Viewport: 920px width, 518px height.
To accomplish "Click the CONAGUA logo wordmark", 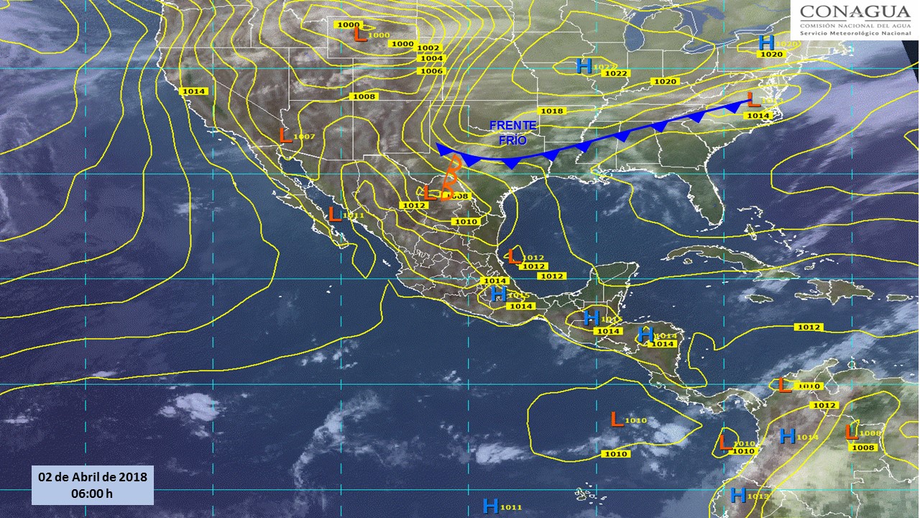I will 855,12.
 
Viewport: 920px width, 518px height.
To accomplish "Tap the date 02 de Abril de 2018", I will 92,477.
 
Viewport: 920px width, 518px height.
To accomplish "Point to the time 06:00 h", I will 92,494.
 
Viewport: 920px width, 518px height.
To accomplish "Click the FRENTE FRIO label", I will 513,133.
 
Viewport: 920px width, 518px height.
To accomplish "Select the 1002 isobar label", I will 428,48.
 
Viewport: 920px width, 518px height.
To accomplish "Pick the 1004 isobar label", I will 432,59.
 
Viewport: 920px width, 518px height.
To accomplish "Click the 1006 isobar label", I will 432,71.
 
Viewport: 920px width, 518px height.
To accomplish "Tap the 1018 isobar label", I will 551,111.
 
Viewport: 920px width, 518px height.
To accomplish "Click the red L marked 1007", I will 285,135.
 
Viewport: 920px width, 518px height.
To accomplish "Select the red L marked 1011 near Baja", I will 334,214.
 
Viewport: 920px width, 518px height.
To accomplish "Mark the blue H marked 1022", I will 584,67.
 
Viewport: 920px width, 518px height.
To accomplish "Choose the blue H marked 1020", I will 766,43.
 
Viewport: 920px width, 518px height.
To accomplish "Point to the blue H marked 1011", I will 491,506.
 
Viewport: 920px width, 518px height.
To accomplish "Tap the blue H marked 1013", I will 737,495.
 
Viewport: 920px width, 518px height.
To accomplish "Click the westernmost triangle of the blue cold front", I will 444,150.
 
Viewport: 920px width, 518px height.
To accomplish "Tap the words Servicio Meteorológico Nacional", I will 855,34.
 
